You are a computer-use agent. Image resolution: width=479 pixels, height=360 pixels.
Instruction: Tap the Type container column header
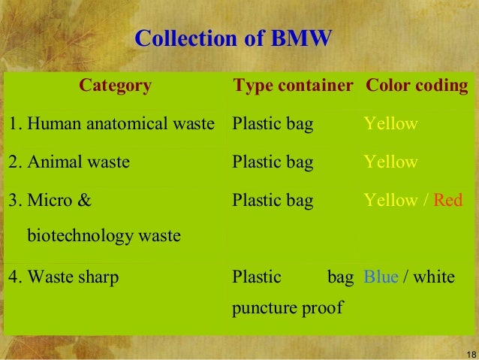click(293, 86)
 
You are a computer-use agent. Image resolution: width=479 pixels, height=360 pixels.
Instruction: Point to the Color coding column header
click(417, 86)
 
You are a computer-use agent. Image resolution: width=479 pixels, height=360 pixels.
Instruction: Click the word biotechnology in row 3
click(104, 236)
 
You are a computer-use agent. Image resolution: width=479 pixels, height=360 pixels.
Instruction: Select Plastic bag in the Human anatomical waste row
click(273, 124)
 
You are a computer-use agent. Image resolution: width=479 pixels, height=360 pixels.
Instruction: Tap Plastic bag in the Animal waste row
click(273, 162)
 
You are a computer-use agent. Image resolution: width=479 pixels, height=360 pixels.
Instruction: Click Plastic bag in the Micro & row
click(273, 200)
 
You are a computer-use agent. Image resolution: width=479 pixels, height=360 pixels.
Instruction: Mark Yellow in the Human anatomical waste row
click(390, 124)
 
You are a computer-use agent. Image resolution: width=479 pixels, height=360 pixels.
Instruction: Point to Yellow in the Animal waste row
click(390, 162)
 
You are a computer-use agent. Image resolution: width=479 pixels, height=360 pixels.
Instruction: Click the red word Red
click(448, 200)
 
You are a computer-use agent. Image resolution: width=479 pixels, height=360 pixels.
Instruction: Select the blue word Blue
click(381, 277)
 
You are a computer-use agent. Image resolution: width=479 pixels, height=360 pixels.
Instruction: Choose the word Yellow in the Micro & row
click(390, 200)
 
